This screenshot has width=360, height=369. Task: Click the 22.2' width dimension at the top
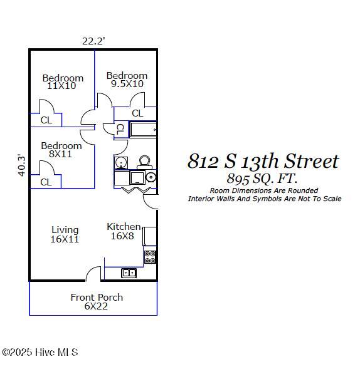(93, 41)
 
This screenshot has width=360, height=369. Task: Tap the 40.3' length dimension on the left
(22, 165)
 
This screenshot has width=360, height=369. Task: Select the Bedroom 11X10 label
(63, 82)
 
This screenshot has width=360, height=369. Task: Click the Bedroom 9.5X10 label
(127, 80)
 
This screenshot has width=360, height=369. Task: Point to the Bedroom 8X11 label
(61, 149)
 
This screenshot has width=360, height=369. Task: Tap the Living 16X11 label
(65, 234)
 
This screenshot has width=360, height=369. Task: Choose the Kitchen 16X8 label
(124, 231)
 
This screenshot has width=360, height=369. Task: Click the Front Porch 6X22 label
(96, 301)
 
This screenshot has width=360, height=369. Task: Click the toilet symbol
(144, 162)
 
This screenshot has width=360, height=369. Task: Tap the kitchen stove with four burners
(150, 257)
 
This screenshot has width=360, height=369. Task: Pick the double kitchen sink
(129, 273)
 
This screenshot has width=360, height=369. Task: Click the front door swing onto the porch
(93, 274)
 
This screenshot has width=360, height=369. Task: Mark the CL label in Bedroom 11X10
(46, 120)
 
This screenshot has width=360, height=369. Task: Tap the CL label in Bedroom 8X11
(46, 182)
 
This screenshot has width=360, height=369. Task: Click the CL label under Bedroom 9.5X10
(137, 113)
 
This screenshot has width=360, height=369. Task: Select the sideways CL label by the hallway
(119, 129)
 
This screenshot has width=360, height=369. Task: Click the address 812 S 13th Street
(263, 162)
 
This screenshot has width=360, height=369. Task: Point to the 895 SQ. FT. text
(262, 179)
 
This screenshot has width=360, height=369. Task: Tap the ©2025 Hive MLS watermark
(40, 353)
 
